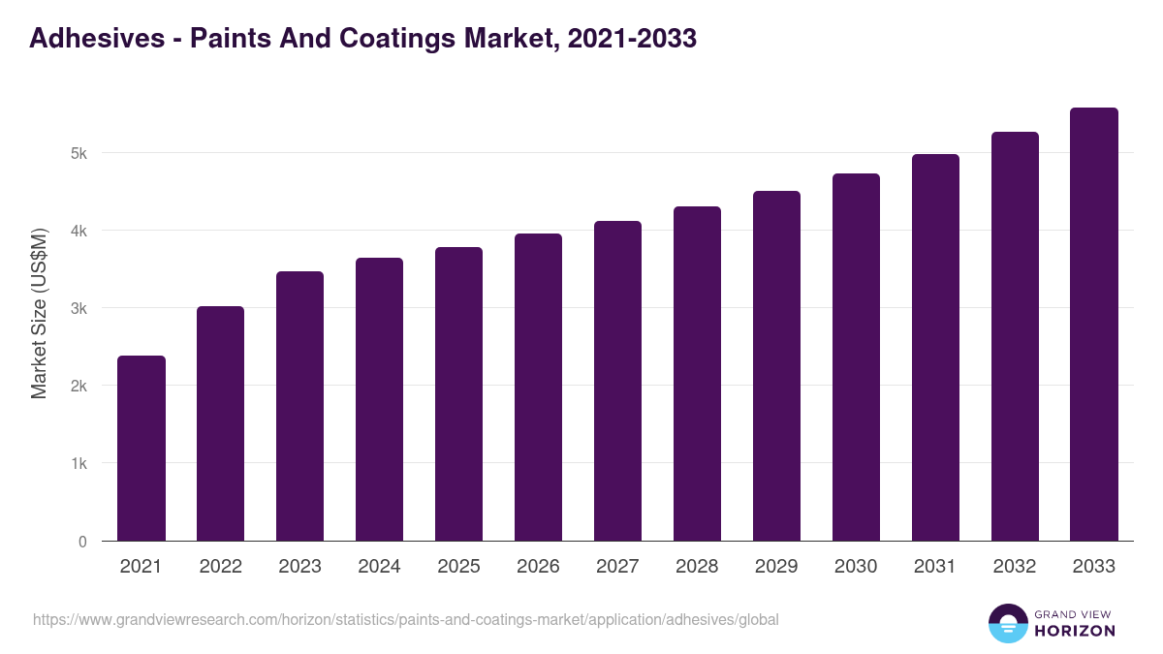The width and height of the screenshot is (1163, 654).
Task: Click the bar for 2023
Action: [300, 406]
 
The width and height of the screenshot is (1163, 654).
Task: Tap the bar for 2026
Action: [538, 388]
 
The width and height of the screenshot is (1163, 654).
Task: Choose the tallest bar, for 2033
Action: [1094, 325]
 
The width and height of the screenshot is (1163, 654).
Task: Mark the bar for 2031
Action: [935, 348]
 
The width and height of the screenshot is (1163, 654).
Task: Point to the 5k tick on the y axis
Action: [78, 153]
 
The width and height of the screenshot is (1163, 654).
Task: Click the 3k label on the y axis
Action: [78, 308]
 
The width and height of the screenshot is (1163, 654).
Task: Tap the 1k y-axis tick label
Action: [78, 463]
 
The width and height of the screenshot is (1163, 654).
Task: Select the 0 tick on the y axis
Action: [82, 542]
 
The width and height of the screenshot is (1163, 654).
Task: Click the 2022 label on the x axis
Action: [221, 567]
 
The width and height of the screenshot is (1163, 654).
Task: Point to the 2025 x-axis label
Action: [458, 567]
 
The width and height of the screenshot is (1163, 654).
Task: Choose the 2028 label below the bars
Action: [697, 567]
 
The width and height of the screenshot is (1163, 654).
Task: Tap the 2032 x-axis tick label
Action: [1015, 567]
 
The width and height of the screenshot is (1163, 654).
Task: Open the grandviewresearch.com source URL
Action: [405, 619]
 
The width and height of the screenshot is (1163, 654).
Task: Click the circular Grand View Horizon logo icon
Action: [1008, 623]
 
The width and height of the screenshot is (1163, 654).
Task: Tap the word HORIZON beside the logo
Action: [1075, 631]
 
